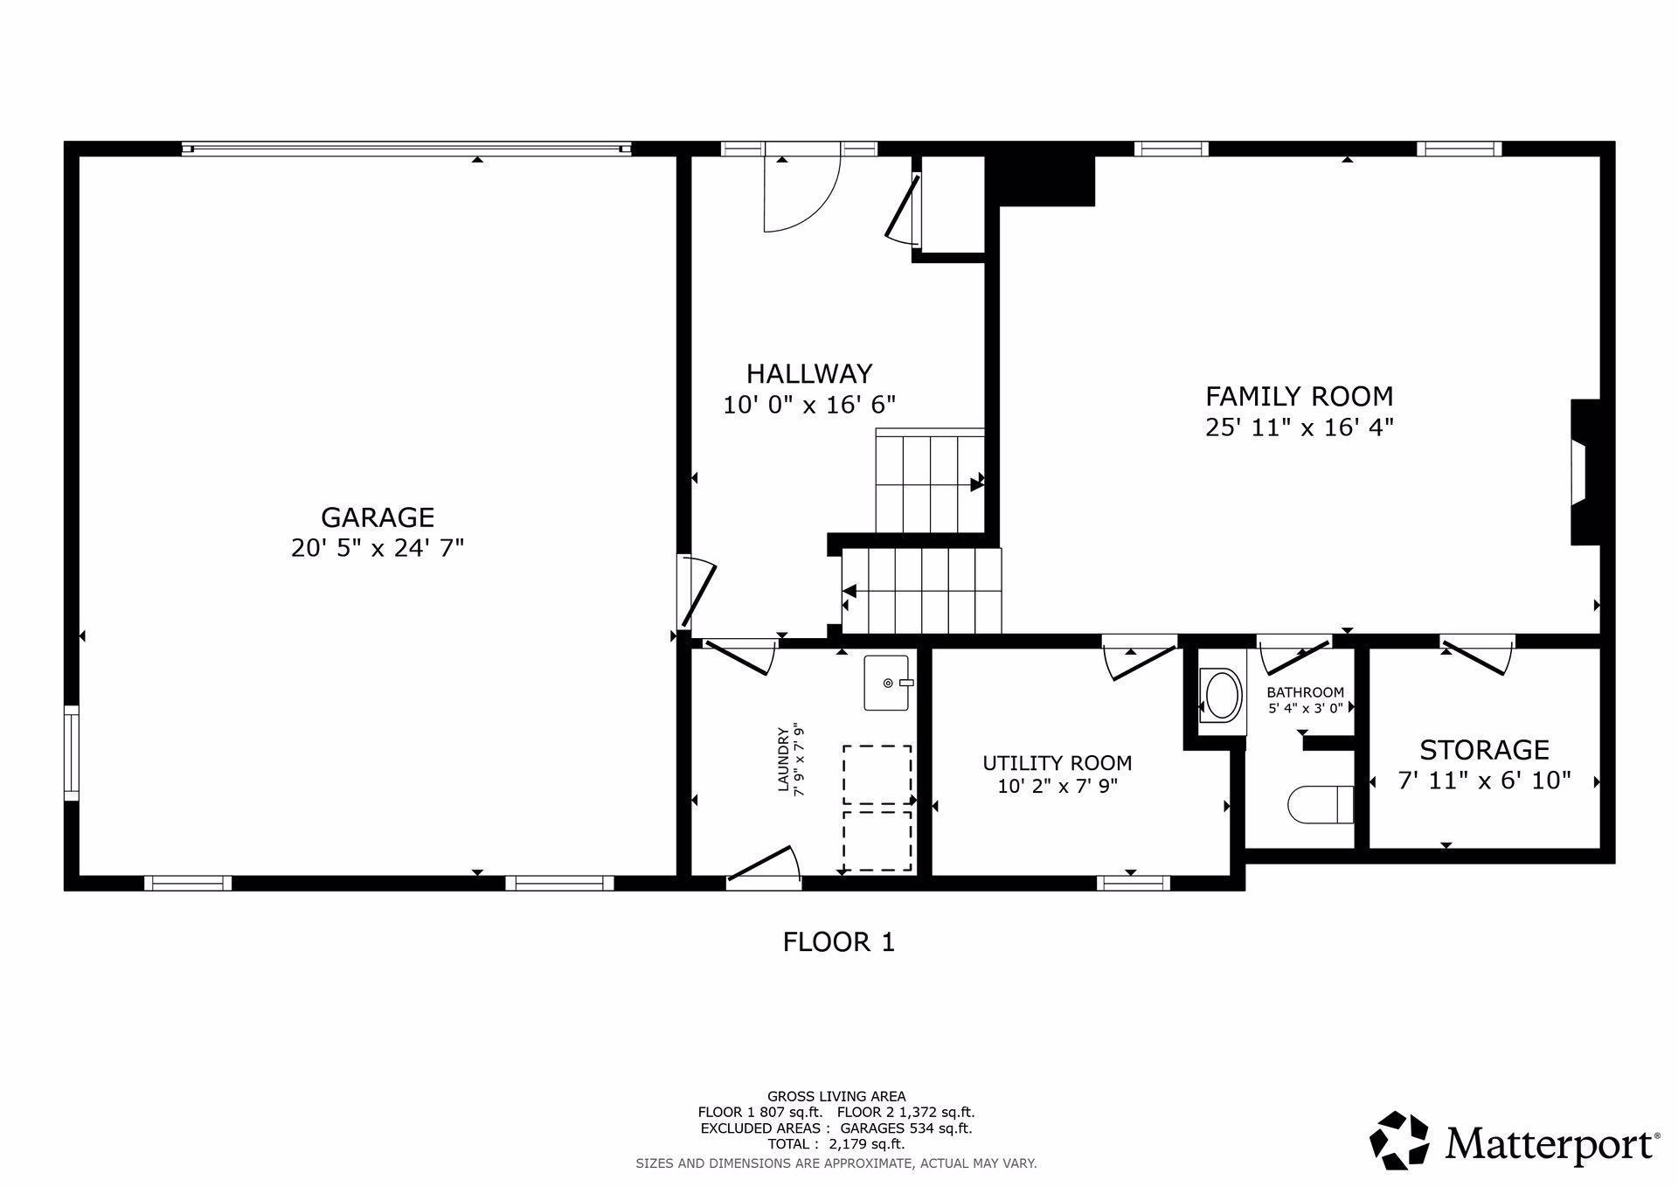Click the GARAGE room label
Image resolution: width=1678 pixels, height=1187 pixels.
pos(378,517)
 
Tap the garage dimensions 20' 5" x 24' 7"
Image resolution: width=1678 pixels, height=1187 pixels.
pos(378,548)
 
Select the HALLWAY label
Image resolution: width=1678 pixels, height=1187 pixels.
pos(809,374)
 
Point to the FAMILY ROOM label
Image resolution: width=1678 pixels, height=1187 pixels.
pos(1299,397)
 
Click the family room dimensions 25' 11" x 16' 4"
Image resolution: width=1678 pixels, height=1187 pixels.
pos(1299,427)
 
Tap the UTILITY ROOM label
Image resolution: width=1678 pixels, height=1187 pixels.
pos(1057,763)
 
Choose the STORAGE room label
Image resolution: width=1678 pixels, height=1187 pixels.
pos(1484,750)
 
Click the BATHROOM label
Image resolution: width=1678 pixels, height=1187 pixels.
pos(1306,693)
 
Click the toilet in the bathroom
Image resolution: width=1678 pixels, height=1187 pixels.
pos(1321,804)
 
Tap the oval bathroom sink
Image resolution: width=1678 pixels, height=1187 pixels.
pos(1222,695)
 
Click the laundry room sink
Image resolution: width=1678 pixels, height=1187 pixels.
pos(888,683)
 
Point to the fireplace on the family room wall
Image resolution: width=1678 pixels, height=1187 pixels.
pos(1584,472)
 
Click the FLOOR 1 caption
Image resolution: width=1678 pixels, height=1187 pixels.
pos(838,942)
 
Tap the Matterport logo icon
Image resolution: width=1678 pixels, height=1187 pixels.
pos(1398,1140)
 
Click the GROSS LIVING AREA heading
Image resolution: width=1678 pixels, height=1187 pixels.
pos(836,1096)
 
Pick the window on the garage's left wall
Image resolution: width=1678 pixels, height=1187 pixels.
pos(72,753)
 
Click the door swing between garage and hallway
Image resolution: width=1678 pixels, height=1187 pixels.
pos(697,593)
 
